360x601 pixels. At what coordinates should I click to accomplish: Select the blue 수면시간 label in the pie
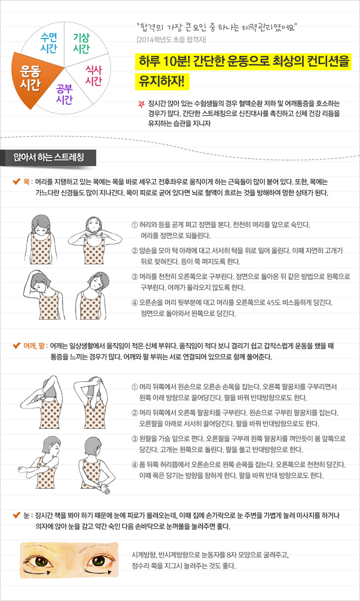49,43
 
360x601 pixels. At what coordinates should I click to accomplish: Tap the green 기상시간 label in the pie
81,43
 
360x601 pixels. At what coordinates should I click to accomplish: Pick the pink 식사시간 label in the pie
94,75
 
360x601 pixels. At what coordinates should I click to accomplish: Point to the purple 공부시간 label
64,94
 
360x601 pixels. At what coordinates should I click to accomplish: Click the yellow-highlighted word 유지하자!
162,82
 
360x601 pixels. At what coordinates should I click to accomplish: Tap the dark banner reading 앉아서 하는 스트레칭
48,158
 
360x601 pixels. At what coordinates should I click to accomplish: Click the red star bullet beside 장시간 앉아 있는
141,104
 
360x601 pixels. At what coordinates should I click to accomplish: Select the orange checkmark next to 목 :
16,182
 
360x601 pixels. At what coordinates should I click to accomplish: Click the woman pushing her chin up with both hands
94,240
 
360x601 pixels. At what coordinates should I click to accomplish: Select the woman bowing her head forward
41,239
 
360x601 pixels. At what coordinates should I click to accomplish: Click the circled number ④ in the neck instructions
135,303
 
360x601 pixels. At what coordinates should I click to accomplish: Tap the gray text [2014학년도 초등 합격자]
171,40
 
